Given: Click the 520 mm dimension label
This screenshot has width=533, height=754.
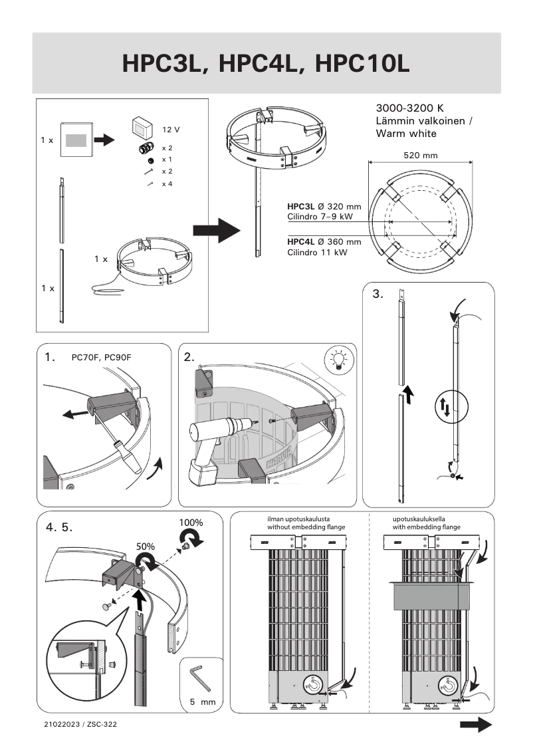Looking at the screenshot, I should pos(421,155).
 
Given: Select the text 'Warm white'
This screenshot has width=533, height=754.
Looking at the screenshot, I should pos(406,134).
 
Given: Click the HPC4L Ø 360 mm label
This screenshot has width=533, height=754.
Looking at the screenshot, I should pos(324,242).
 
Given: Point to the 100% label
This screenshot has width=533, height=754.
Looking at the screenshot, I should pos(191,523).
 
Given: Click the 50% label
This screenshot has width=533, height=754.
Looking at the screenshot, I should pos(146,546).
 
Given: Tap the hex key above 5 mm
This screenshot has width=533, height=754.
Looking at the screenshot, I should pos(199,678).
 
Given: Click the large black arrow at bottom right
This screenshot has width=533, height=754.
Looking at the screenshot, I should pos(475,724).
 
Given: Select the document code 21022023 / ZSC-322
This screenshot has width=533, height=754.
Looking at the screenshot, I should pos(80,723).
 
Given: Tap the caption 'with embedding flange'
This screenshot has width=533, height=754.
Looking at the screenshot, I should pos(422,527).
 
